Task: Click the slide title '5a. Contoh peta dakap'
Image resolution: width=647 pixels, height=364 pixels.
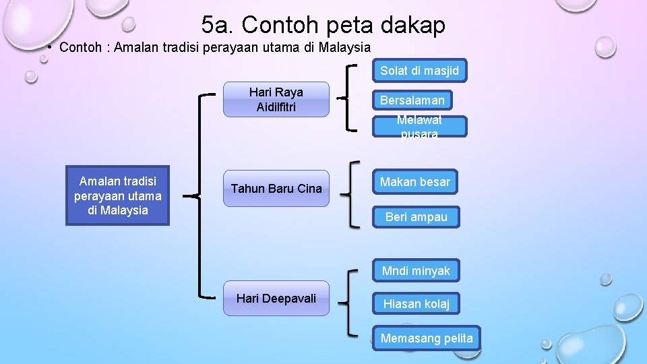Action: [323, 25]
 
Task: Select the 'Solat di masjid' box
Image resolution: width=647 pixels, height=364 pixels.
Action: [419, 71]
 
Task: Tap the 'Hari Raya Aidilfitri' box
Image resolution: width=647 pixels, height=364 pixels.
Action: [276, 100]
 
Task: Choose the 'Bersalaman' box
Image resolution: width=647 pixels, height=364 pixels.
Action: [412, 100]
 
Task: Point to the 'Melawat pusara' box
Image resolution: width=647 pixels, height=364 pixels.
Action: [419, 127]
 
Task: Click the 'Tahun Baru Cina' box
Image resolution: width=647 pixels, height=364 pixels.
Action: [276, 188]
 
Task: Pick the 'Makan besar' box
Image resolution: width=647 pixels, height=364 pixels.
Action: [415, 182]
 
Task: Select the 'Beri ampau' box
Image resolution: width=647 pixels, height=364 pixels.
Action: [416, 217]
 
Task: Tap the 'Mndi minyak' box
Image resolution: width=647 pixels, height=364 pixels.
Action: [416, 271]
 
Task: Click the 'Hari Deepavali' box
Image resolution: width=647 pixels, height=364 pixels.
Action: [276, 299]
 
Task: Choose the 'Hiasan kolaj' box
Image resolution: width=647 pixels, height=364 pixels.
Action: [416, 304]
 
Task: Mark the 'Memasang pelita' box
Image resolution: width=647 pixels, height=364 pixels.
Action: [427, 338]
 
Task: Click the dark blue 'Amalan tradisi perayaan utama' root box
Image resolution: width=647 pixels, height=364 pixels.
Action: [118, 195]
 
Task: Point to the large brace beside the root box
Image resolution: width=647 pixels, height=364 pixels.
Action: [201, 195]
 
